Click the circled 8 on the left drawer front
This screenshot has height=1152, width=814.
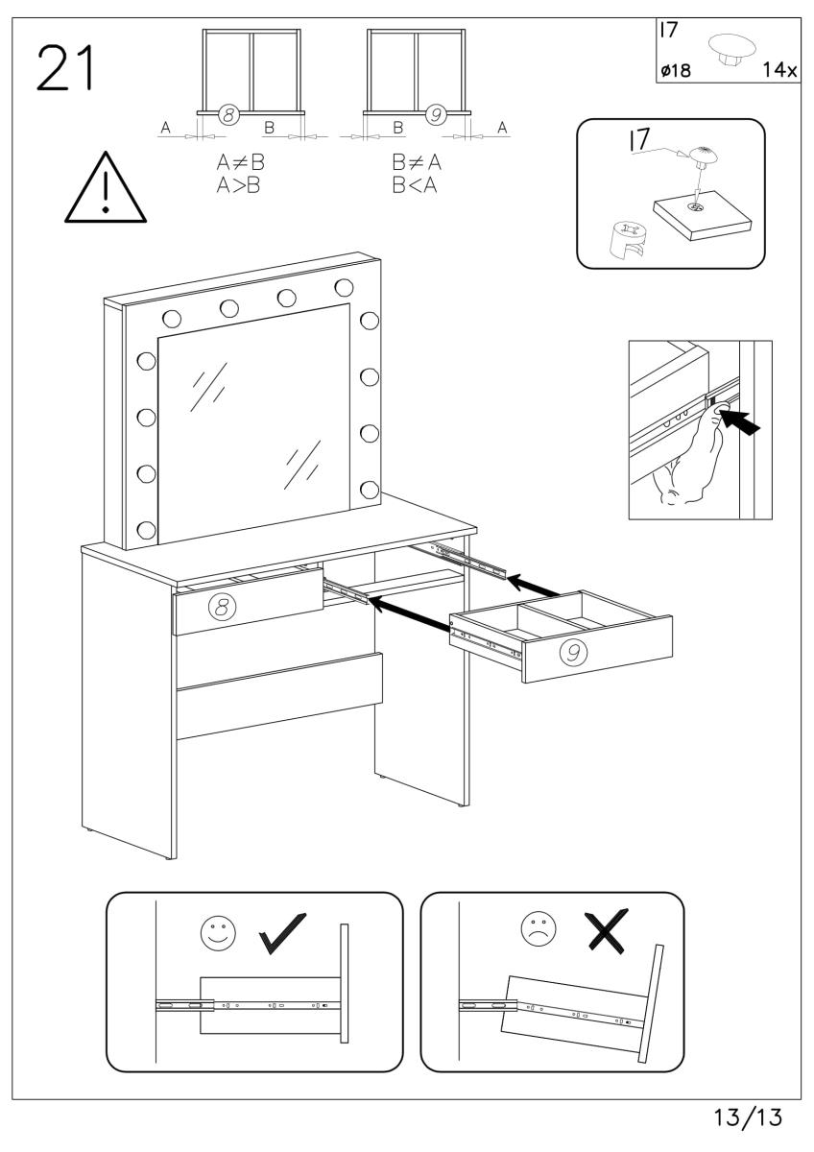point(222,606)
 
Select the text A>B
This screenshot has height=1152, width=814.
point(240,185)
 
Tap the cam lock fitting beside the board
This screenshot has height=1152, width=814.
point(626,239)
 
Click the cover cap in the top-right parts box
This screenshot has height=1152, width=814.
point(729,49)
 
